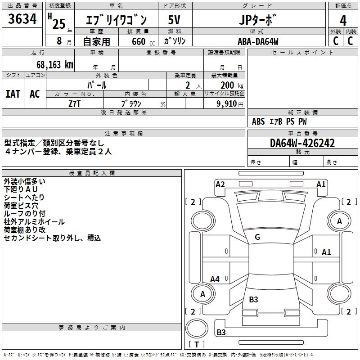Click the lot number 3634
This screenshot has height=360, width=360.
coord(22,19)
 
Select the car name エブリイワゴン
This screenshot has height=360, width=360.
coord(116,20)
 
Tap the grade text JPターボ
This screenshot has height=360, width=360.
coord(256,20)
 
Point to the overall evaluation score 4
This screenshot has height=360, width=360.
coord(343,20)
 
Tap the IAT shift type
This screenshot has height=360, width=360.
coord(13,94)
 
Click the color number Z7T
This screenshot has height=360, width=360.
coord(75,103)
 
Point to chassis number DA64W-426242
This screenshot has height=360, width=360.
coord(302,143)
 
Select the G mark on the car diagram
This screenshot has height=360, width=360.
coord(257,237)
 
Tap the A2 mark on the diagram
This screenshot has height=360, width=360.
coord(220,184)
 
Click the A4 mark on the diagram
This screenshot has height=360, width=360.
coord(215,279)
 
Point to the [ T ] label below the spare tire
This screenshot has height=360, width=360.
coord(197,344)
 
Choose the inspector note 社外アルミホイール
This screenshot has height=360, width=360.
coord(34,222)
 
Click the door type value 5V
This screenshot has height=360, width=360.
coord(175,20)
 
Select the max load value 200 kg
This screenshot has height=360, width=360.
coord(232,85)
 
